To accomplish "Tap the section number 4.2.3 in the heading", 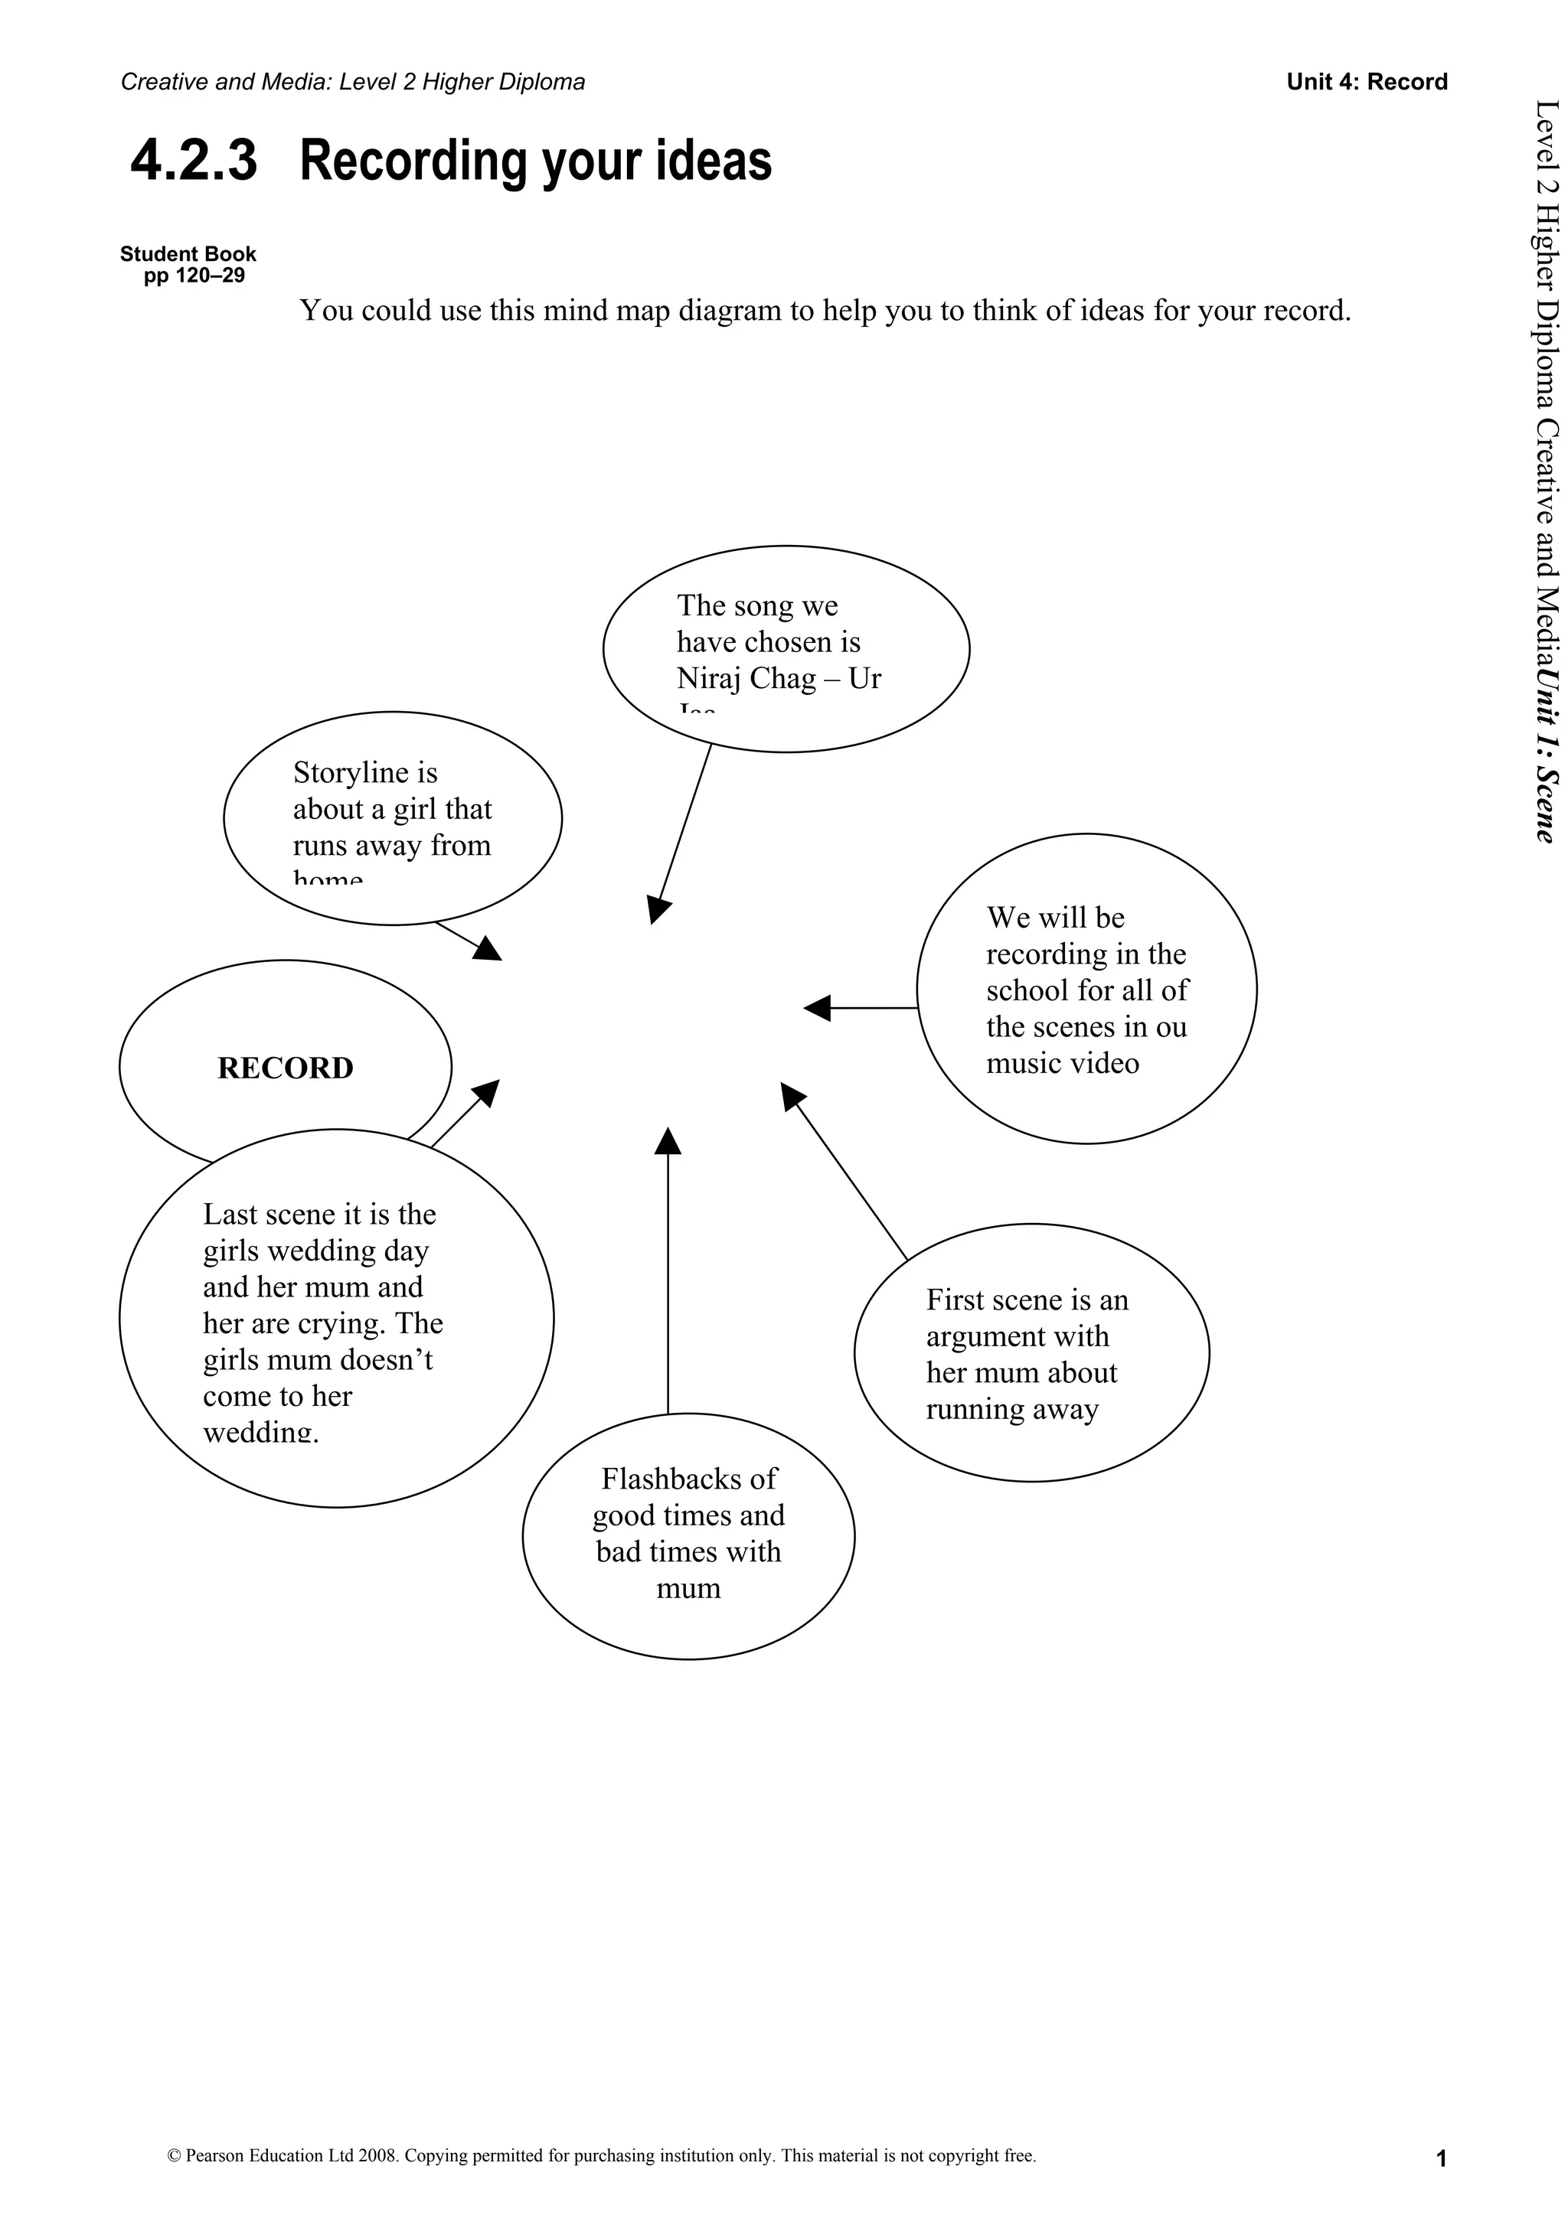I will click(194, 161).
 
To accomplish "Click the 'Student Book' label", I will click(188, 254).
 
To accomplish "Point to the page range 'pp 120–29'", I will click(194, 276).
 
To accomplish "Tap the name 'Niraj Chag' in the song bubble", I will click(746, 678).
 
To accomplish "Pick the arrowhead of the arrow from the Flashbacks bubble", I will click(668, 1141).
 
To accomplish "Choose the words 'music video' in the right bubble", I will click(1062, 1064).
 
